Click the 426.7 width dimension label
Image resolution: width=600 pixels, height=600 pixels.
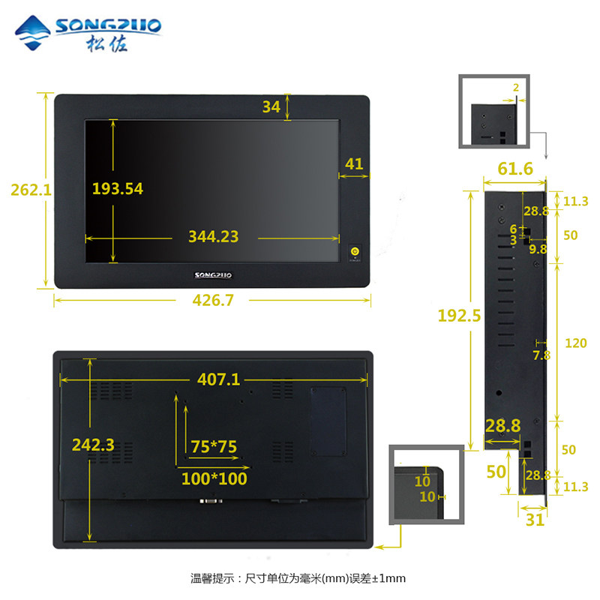(212, 300)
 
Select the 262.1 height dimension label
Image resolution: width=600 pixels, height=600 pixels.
(31, 190)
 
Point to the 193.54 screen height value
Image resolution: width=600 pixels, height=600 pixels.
(117, 188)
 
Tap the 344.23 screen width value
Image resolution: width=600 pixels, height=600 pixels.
(213, 237)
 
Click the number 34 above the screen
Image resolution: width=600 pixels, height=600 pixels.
(271, 106)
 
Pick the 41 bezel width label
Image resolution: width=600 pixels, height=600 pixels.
(354, 163)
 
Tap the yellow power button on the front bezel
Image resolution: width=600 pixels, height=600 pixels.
(355, 251)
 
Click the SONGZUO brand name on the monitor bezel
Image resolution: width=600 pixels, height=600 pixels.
(213, 275)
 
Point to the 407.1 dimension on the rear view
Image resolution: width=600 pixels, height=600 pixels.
(218, 379)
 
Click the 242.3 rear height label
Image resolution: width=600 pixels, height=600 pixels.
(93, 445)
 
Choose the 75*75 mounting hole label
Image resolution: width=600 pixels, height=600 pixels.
(214, 446)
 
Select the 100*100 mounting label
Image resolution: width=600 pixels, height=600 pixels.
(214, 478)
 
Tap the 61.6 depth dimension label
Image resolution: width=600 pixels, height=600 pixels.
(514, 169)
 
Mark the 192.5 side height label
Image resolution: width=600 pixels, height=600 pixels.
(459, 316)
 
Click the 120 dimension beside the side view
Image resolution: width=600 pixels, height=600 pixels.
(575, 343)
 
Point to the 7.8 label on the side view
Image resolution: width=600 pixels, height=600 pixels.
(541, 355)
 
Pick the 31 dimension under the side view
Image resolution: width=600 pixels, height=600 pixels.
(535, 520)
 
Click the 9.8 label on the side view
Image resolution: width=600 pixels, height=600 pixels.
(538, 248)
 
